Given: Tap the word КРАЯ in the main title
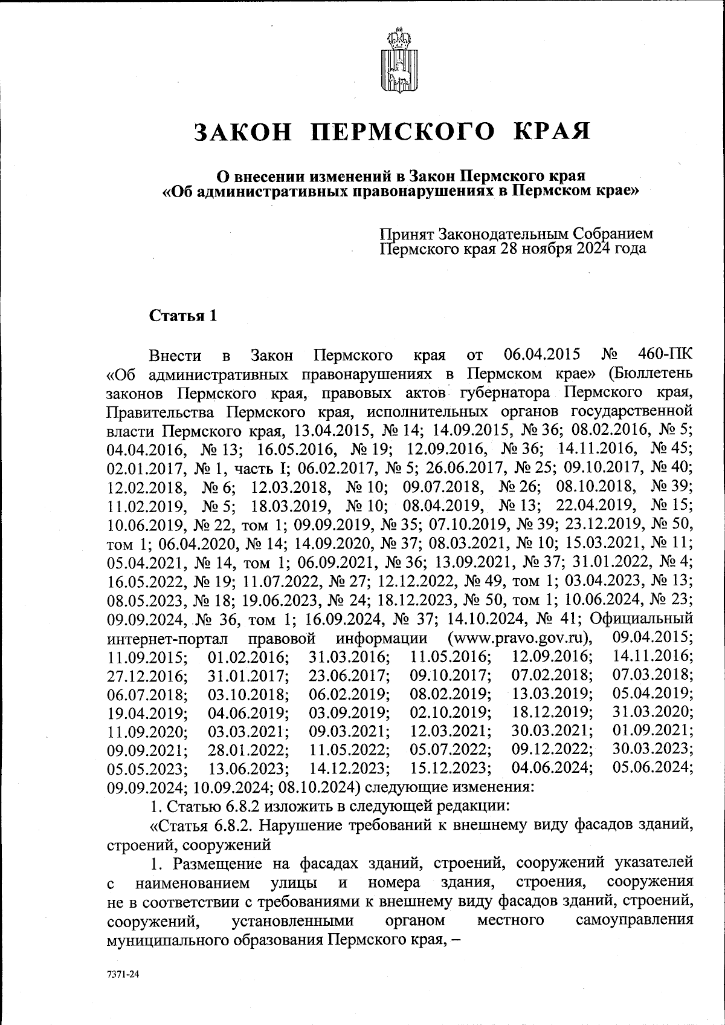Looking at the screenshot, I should click(551, 131).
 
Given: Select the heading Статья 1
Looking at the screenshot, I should click(182, 316).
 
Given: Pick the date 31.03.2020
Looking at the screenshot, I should click(653, 713).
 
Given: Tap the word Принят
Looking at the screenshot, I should click(407, 233).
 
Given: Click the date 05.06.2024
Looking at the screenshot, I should click(653, 768).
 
